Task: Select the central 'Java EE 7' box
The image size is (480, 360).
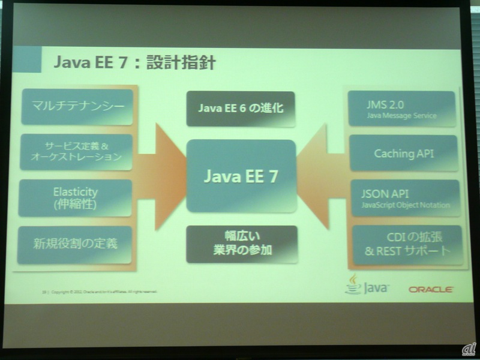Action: click(x=241, y=175)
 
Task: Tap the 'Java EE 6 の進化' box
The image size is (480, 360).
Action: click(x=241, y=109)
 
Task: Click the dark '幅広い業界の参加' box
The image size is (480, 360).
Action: click(x=241, y=244)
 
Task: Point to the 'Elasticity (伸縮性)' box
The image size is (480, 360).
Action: click(x=76, y=198)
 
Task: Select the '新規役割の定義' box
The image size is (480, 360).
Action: click(x=76, y=244)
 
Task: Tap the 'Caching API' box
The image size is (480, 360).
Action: click(x=404, y=154)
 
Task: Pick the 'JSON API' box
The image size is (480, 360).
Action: click(x=404, y=198)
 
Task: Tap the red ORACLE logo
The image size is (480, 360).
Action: click(x=431, y=289)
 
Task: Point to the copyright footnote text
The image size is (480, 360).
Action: click(x=99, y=293)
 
